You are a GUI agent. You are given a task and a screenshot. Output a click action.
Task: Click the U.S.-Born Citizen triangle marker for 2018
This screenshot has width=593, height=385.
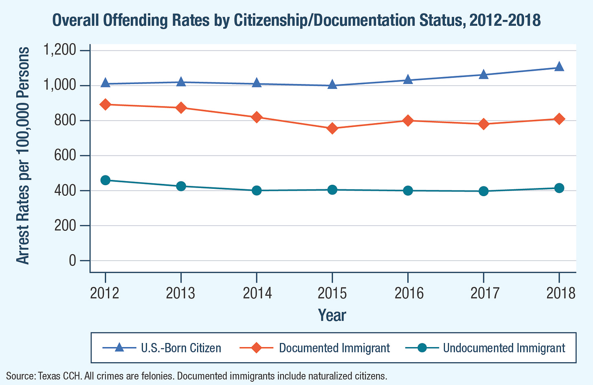pyautogui.click(x=559, y=66)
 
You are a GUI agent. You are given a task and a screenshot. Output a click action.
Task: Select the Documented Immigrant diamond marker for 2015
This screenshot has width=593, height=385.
pyautogui.click(x=332, y=128)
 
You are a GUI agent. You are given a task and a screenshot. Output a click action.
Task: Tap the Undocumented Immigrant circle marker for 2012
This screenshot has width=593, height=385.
pyautogui.click(x=105, y=180)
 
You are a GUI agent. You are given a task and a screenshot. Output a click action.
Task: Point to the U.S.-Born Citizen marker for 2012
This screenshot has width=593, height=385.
pyautogui.click(x=105, y=83)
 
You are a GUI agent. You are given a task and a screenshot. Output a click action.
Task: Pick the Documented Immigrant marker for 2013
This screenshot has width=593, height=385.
pyautogui.click(x=181, y=108)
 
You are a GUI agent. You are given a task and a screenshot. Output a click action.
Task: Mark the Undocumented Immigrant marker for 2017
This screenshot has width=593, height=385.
pyautogui.click(x=483, y=191)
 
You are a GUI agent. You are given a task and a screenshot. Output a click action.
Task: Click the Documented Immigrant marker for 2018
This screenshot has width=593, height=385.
pyautogui.click(x=559, y=119)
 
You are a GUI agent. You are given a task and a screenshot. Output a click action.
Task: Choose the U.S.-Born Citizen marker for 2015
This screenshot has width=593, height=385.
pyautogui.click(x=332, y=84)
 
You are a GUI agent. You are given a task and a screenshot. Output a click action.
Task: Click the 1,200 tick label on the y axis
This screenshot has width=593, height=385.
pyautogui.click(x=60, y=51)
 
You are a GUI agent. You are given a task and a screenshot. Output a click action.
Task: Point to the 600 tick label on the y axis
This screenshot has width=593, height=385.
pyautogui.click(x=66, y=156)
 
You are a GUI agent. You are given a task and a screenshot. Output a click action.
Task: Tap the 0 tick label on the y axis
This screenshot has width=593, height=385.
pyautogui.click(x=72, y=261)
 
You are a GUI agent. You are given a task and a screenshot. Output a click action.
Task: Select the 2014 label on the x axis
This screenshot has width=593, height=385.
pyautogui.click(x=257, y=293)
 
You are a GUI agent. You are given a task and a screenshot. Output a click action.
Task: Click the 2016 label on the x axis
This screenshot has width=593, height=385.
pyautogui.click(x=408, y=293)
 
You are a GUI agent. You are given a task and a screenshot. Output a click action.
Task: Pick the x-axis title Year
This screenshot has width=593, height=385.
pyautogui.click(x=332, y=315)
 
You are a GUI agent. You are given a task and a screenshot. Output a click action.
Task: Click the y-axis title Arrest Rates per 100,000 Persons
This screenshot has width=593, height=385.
pyautogui.click(x=23, y=156)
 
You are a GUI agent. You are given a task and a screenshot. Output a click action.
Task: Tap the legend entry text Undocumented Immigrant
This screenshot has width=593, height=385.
pyautogui.click(x=504, y=348)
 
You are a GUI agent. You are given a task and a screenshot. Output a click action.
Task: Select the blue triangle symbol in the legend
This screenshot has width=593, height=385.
pyautogui.click(x=119, y=348)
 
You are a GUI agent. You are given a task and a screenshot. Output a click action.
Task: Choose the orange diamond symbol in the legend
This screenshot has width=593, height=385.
pyautogui.click(x=257, y=348)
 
